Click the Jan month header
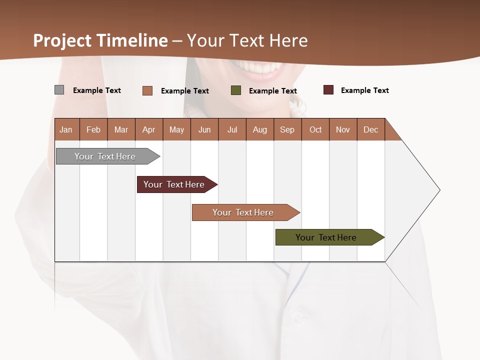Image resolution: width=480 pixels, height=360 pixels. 66,129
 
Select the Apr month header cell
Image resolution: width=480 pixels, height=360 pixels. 149,129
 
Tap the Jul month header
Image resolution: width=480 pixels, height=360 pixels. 232,129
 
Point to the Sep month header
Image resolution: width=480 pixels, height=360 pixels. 287,129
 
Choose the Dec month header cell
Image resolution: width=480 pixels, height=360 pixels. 370,129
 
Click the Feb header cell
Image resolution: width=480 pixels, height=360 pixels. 93,129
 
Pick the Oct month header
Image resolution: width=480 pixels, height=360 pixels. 315,129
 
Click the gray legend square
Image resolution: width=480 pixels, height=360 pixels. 59,90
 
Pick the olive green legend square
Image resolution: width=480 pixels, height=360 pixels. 236,90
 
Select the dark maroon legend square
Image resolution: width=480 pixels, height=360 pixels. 328,90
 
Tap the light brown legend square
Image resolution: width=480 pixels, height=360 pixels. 147,90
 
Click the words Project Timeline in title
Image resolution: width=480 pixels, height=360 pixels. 100,40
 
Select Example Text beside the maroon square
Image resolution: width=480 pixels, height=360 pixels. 364,90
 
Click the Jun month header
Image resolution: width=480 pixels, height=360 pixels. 204,129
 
